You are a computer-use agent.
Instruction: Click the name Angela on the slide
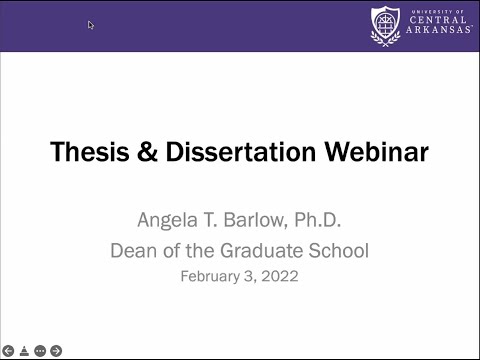166,219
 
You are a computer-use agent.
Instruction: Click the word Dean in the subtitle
134,251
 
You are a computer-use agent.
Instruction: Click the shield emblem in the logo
385,26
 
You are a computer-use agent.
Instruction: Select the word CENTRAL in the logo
437,20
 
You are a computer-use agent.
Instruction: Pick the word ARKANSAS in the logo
437,32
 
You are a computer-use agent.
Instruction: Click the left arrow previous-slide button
9,351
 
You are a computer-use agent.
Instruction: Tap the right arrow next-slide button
56,351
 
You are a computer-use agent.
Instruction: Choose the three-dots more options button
40,351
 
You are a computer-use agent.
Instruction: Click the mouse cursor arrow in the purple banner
91,25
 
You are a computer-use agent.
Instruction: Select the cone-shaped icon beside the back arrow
24,351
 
